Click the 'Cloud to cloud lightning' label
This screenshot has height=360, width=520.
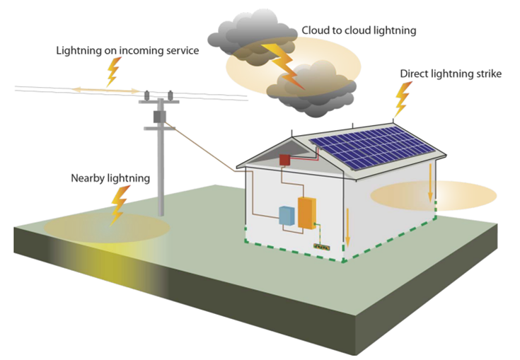pos(359,30)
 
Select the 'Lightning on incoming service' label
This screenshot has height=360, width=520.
pos(127,51)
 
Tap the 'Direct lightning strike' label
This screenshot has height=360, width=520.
pos(451,74)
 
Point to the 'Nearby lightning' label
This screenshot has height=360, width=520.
pos(110,178)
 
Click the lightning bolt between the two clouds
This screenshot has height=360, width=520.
pos(282,65)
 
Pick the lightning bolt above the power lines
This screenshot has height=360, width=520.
pos(113,71)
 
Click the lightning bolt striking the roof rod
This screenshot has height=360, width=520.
pos(403,99)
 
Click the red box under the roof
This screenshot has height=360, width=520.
pos(284,160)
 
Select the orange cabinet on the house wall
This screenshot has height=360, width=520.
pos(307,213)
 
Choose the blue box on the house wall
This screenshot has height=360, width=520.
pos(287,216)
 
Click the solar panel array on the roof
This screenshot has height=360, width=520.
pos(371,147)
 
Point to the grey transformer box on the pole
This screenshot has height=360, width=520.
pos(159,117)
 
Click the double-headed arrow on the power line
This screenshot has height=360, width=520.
pos(106,90)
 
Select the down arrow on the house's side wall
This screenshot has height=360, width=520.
pos(430,183)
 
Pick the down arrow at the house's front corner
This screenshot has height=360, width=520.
pos(347,228)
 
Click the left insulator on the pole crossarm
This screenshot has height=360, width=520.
pos(146,95)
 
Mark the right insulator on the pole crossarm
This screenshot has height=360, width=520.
pos(170,95)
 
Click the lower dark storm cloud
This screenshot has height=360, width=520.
pos(311,90)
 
